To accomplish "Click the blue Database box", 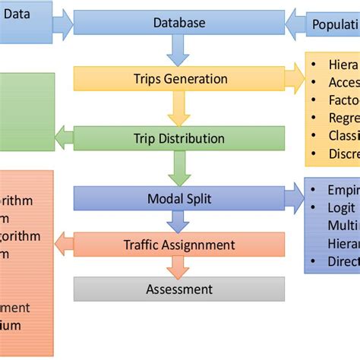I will point(179,23).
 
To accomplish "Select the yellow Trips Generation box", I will point(179,78).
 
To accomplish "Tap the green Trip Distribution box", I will point(179,138).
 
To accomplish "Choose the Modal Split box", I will point(179,198).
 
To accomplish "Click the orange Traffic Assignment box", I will point(179,245).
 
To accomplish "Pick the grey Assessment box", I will point(179,289).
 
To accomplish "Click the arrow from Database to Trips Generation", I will point(179,51).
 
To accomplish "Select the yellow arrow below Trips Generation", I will point(179,108).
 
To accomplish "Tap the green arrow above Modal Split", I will point(179,168).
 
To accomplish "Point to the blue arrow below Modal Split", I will point(179,221).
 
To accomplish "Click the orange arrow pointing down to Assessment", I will point(179,267).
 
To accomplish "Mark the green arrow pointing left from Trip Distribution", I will point(64,138).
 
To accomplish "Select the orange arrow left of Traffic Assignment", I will point(64,245).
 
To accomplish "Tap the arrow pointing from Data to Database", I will point(62,23).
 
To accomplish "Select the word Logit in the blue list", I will point(336,207).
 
